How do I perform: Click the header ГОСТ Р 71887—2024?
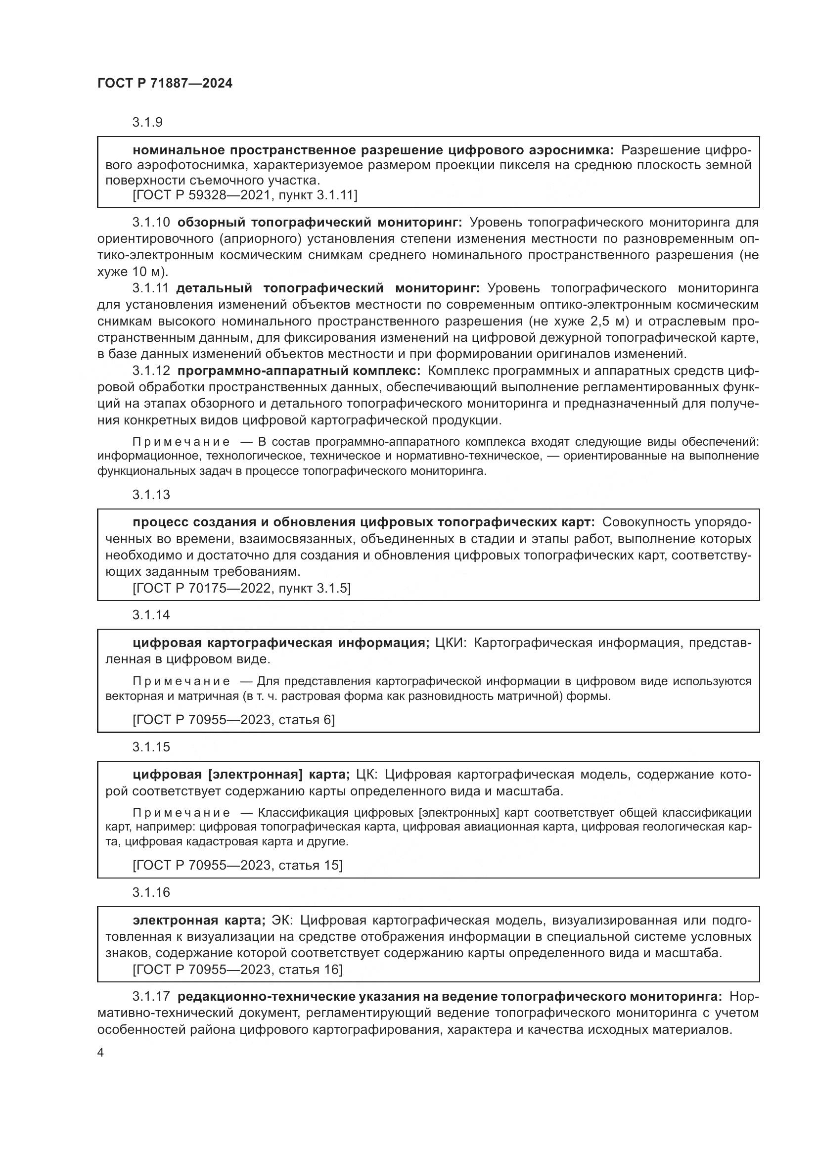[165, 84]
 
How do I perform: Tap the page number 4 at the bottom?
[101, 1053]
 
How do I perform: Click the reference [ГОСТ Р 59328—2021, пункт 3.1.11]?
[245, 195]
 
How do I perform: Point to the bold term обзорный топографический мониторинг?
[319, 222]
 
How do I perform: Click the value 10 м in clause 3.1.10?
[148, 272]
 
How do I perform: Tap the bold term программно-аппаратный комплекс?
[299, 371]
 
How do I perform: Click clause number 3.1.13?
[151, 495]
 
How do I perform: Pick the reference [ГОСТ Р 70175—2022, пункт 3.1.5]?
[242, 588]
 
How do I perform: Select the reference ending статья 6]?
[234, 720]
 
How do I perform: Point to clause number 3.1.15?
[151, 747]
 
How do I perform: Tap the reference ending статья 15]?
[237, 865]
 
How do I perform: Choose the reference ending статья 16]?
[237, 970]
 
